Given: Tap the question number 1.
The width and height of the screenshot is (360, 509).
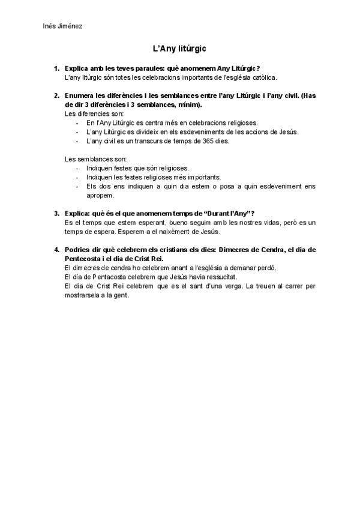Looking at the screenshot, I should coord(56,69).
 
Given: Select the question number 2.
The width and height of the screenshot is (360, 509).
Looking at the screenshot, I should coord(56,95).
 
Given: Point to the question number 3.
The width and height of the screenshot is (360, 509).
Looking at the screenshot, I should coord(56,213).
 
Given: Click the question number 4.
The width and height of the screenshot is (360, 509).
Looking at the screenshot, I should coord(56,249).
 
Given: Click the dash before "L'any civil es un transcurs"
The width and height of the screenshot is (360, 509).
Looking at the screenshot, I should coord(78,142).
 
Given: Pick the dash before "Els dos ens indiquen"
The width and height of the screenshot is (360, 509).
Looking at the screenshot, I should coord(78,186).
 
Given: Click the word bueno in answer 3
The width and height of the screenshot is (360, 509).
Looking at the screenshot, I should coord(166,222).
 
